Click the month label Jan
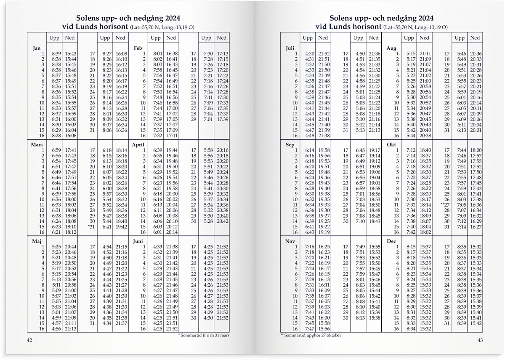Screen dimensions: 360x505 [37, 48]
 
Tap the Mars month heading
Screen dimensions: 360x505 [37, 144]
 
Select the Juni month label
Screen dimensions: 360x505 [138, 241]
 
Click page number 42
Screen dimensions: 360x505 [29, 340]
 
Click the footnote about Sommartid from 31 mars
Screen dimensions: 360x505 [204, 335]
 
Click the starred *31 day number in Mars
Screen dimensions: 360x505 [91, 227]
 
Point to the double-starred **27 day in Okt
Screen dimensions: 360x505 [445, 205]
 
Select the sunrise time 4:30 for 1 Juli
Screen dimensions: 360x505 [309, 54]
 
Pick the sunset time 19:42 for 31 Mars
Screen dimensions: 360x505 [121, 227]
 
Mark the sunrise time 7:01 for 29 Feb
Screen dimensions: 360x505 [208, 120]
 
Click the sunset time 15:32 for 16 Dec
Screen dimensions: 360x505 [425, 329]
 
